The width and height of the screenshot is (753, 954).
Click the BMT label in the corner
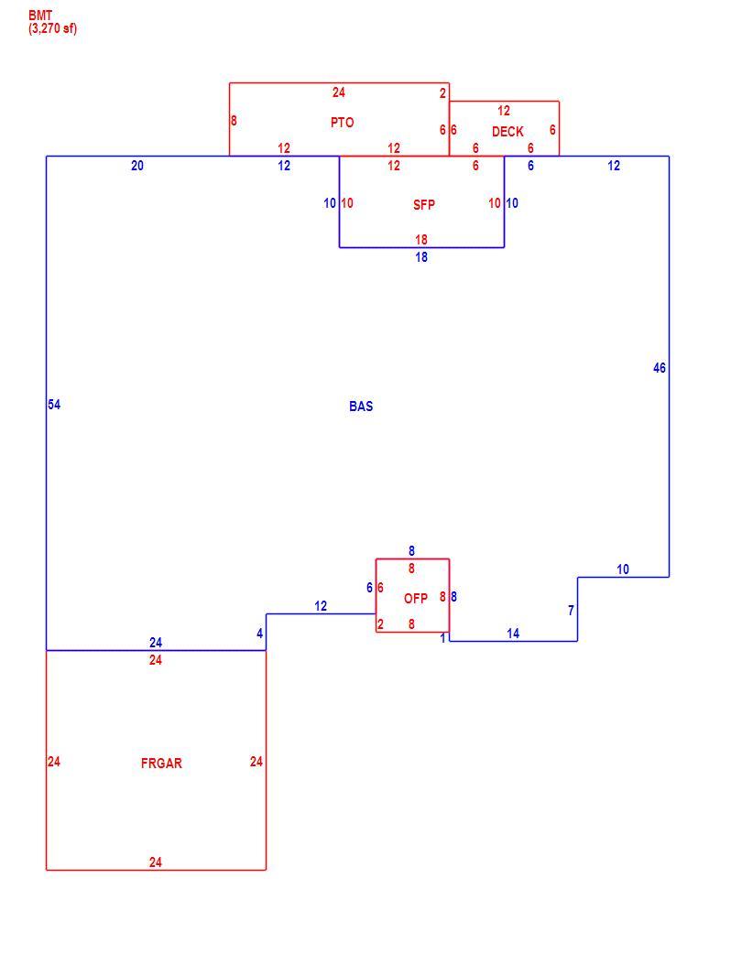click(40, 16)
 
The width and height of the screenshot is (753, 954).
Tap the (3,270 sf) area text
click(53, 28)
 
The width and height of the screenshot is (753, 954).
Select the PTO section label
click(342, 123)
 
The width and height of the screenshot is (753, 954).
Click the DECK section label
click(507, 132)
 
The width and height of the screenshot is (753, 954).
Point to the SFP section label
click(423, 205)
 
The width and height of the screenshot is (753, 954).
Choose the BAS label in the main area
click(361, 407)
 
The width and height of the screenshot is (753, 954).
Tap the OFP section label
click(416, 599)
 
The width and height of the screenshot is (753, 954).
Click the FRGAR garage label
click(161, 763)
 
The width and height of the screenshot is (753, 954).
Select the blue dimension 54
click(54, 405)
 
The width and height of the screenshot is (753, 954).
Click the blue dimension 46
click(660, 368)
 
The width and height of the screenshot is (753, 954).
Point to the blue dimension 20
click(137, 166)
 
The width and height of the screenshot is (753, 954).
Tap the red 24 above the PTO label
click(338, 92)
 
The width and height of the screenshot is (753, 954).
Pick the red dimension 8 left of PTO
click(234, 121)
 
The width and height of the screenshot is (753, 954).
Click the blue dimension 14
click(513, 634)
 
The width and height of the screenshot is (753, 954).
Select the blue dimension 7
click(571, 611)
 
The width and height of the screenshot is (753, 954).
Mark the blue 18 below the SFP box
click(421, 257)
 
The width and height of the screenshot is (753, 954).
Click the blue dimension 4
click(260, 634)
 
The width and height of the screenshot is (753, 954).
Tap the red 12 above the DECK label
click(504, 111)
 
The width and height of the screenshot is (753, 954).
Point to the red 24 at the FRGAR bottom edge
click(155, 862)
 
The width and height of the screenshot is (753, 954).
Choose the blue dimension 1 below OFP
click(443, 639)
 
